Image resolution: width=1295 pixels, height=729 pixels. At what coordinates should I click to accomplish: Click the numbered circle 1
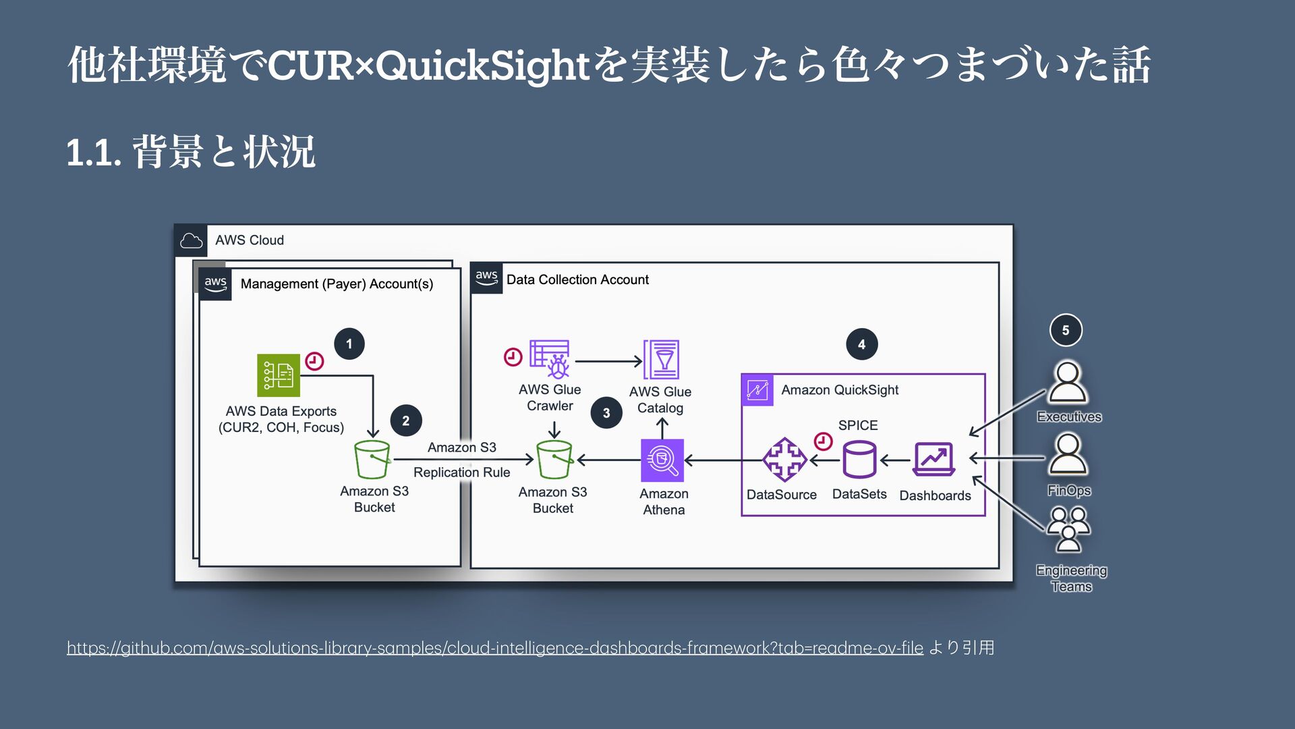pyautogui.click(x=349, y=344)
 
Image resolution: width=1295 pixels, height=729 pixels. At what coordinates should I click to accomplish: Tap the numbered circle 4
pyautogui.click(x=861, y=344)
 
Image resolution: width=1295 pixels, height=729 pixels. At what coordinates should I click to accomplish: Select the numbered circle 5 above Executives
pyautogui.click(x=1066, y=330)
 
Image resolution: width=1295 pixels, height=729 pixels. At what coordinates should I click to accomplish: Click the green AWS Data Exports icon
pyautogui.click(x=279, y=375)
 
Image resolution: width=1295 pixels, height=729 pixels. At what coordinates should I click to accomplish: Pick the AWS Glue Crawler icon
pyautogui.click(x=550, y=359)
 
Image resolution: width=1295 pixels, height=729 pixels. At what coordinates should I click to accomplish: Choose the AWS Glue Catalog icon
pyautogui.click(x=661, y=360)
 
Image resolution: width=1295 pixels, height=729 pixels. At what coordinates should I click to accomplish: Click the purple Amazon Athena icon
pyautogui.click(x=662, y=460)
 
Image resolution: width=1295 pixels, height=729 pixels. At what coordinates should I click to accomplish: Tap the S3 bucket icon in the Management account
pyautogui.click(x=372, y=460)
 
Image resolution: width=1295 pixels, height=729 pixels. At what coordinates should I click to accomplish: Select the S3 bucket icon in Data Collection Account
pyautogui.click(x=554, y=460)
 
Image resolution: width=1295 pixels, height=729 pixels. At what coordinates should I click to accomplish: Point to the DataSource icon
pyautogui.click(x=784, y=460)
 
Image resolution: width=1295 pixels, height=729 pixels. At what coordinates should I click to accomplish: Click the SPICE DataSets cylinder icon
pyautogui.click(x=859, y=460)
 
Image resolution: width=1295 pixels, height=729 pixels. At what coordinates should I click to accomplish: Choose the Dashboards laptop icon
pyautogui.click(x=934, y=460)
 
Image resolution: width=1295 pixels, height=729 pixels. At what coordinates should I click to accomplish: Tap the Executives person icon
pyautogui.click(x=1068, y=383)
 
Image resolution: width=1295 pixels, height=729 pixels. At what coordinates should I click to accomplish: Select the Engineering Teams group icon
pyautogui.click(x=1068, y=531)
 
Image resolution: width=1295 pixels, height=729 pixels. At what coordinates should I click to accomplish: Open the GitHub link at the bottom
pyautogui.click(x=494, y=648)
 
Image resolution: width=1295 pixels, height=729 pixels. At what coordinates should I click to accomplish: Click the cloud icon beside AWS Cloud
pyautogui.click(x=191, y=240)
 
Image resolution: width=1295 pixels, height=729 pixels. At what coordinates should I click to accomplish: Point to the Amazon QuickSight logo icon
pyautogui.click(x=757, y=390)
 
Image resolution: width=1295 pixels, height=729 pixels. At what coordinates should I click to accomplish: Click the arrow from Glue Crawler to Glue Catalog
pyautogui.click(x=608, y=361)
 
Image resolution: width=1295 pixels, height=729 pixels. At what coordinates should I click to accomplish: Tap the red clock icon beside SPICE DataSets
pyautogui.click(x=823, y=441)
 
